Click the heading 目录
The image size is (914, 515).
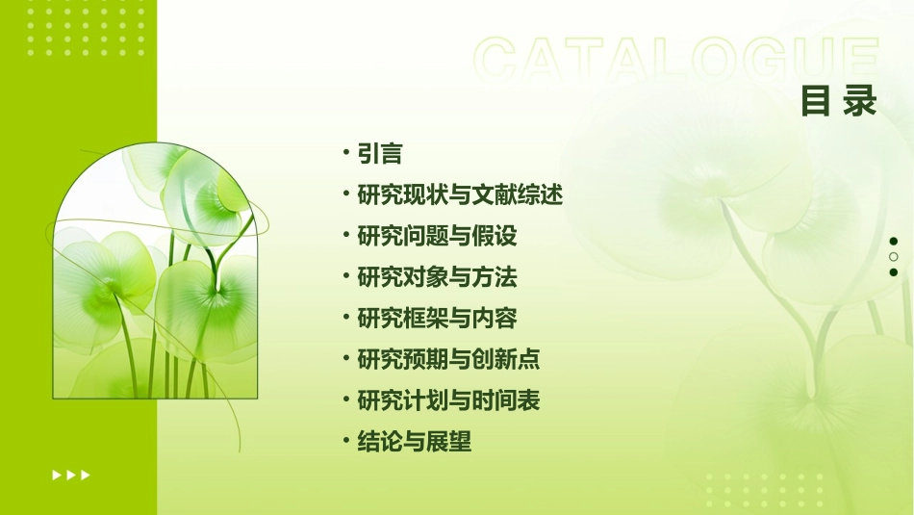[x=838, y=101]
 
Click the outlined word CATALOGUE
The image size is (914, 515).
[x=675, y=60]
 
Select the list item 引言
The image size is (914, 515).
[x=379, y=154]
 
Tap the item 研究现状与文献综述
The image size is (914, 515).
[x=459, y=195]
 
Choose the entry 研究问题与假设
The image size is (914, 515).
[x=437, y=236]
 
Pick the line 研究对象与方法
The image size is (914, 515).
[x=437, y=277]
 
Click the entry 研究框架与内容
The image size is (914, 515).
[x=437, y=319]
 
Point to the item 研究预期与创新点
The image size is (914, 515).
[x=448, y=360]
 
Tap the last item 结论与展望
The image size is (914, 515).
[x=414, y=442]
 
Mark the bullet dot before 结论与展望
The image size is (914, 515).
[x=346, y=442]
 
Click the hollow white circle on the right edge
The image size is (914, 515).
[x=893, y=257]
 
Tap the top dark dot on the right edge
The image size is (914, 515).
[x=893, y=241]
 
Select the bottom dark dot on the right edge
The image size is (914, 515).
[x=893, y=272]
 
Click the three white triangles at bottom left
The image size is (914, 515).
[x=71, y=475]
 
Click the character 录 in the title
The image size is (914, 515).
[x=859, y=101]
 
